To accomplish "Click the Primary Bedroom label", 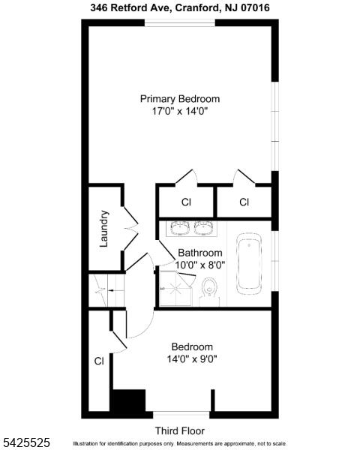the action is (180, 99).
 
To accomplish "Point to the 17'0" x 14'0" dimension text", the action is (180, 111).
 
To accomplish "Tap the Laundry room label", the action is (103, 229).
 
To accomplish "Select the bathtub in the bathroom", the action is (249, 263).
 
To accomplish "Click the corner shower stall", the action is (175, 288).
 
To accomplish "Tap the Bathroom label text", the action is (200, 253).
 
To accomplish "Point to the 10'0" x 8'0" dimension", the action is (200, 265).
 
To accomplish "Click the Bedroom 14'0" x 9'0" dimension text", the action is (192, 358).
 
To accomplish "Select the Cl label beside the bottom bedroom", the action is (99, 361).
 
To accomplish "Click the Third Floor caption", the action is (180, 430).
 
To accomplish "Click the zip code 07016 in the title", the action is (255, 7).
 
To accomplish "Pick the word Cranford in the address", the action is (197, 7).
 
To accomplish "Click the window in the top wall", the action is (180, 23).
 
